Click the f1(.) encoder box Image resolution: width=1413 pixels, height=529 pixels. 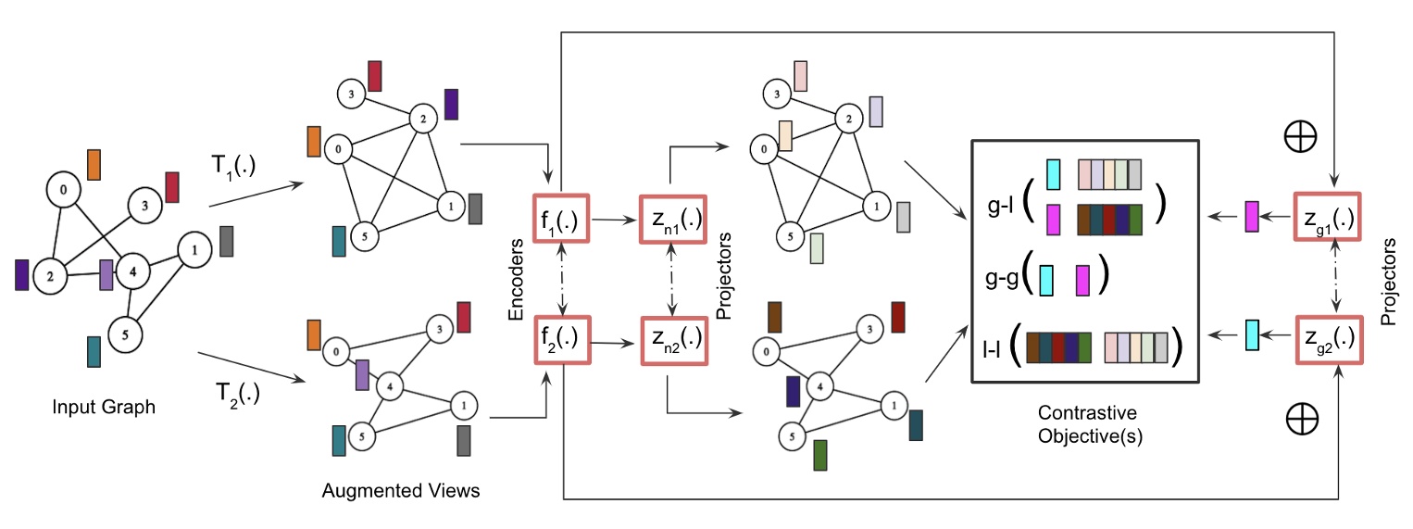pos(560,220)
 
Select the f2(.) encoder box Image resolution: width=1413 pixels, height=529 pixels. pos(560,341)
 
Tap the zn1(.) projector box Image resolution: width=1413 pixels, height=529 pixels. pos(672,220)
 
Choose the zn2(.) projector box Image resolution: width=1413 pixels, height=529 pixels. pos(672,341)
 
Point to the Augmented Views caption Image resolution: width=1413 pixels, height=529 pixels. pos(401,490)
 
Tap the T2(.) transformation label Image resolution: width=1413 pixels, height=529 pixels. pos(236,393)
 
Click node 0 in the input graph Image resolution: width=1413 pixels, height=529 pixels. pos(63,191)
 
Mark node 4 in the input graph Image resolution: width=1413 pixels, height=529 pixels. pos(133,271)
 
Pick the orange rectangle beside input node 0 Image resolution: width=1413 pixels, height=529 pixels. pos(94,164)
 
